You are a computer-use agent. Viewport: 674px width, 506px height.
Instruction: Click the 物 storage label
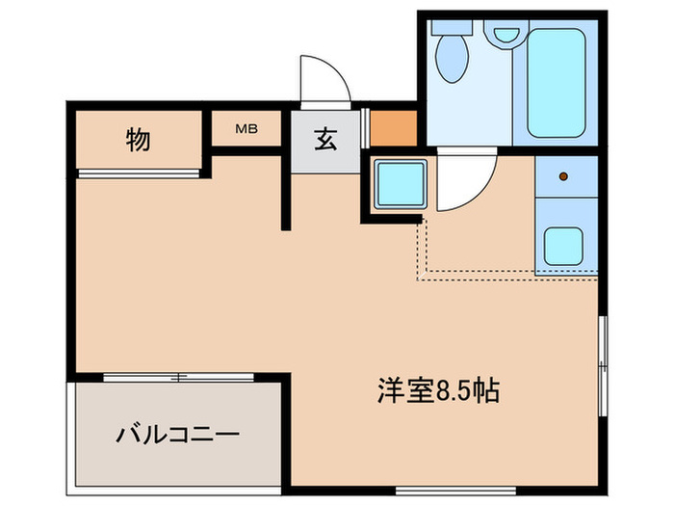(x=138, y=141)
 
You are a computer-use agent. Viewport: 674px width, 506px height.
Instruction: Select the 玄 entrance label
(x=324, y=141)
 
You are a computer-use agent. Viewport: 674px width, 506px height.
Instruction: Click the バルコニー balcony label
(x=178, y=434)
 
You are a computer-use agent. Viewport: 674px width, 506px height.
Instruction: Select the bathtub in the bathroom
(x=559, y=82)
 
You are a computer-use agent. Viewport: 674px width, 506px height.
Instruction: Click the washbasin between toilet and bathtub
(x=503, y=37)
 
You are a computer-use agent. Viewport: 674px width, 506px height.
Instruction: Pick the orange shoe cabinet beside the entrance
(x=393, y=128)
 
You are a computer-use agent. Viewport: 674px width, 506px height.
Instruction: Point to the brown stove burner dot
(x=564, y=176)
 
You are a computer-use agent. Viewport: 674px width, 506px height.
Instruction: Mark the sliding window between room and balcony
(x=178, y=377)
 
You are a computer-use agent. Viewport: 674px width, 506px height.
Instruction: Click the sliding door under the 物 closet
(x=141, y=173)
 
